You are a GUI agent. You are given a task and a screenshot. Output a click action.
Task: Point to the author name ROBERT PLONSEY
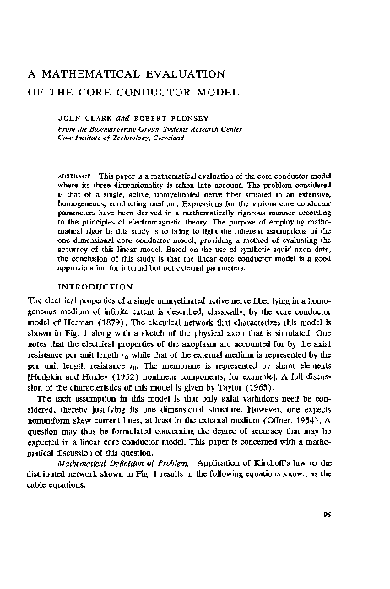(x=144, y=117)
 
